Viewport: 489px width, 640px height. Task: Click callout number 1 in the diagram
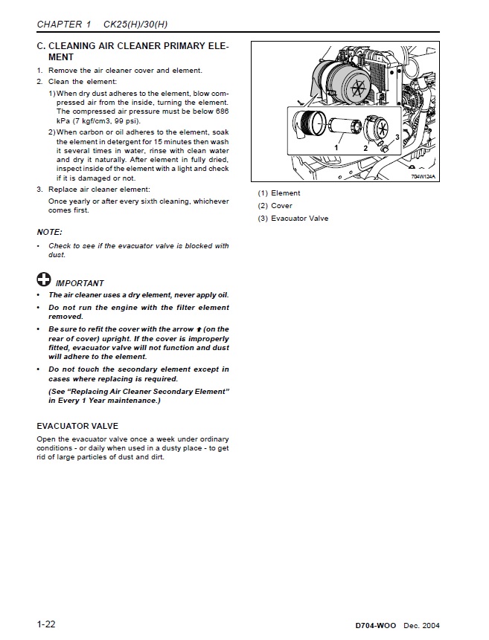point(336,148)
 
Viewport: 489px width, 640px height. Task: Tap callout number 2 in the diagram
point(365,148)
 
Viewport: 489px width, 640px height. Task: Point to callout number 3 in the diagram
point(397,138)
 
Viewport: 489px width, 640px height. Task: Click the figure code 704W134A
point(422,176)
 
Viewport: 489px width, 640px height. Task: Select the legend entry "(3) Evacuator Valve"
point(293,219)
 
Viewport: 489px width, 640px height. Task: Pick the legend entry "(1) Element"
point(279,193)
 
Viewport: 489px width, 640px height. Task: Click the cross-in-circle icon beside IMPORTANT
point(44,281)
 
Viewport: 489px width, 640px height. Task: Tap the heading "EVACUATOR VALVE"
point(77,427)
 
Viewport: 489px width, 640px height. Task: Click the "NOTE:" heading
point(49,232)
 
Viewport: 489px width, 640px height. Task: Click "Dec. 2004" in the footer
point(432,627)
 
